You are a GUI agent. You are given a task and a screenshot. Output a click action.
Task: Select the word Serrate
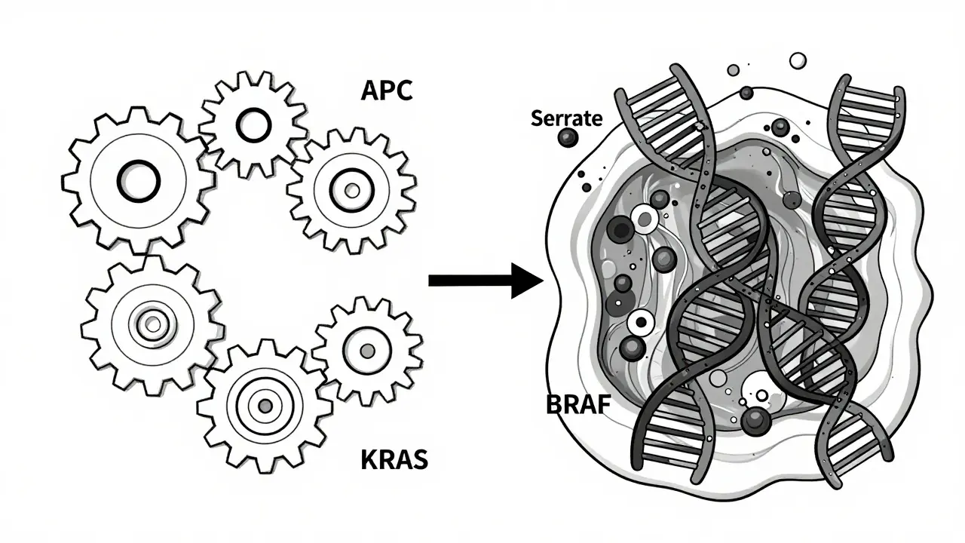(566, 118)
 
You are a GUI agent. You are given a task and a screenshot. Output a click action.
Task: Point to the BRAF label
(577, 405)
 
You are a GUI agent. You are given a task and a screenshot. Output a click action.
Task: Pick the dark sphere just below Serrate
(566, 138)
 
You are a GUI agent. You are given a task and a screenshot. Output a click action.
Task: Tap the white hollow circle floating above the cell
(797, 60)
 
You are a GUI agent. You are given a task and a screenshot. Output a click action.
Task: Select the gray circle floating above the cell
(732, 70)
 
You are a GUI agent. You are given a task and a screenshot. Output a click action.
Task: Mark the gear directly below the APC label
(351, 189)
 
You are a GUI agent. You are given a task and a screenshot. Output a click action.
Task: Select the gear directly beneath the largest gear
(153, 324)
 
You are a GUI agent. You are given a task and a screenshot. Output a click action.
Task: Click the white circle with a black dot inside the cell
(642, 324)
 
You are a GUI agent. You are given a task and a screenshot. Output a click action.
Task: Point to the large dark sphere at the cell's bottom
(755, 421)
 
